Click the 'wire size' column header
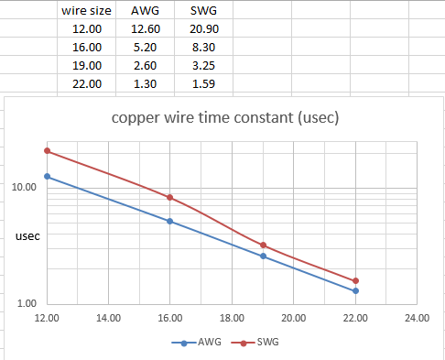pyautogui.click(x=86, y=11)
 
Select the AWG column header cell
pyautogui.click(x=145, y=11)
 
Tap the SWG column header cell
pyautogui.click(x=203, y=11)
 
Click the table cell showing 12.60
pyautogui.click(x=146, y=29)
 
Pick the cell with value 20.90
pyautogui.click(x=204, y=29)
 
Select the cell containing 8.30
pyautogui.click(x=203, y=48)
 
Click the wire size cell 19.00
pyautogui.click(x=87, y=66)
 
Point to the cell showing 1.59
pyautogui.click(x=203, y=84)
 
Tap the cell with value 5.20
pyautogui.click(x=145, y=48)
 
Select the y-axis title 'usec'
pyautogui.click(x=27, y=236)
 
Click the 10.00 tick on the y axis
pyautogui.click(x=24, y=187)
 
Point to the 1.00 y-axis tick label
pyautogui.click(x=27, y=303)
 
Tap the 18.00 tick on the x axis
pyautogui.click(x=232, y=318)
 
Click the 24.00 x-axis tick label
pyautogui.click(x=417, y=318)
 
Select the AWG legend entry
pyautogui.click(x=196, y=342)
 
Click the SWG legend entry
pyautogui.click(x=255, y=342)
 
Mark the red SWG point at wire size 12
pyautogui.click(x=47, y=151)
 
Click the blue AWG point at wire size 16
pyautogui.click(x=169, y=221)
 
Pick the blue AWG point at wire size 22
pyautogui.click(x=355, y=291)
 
